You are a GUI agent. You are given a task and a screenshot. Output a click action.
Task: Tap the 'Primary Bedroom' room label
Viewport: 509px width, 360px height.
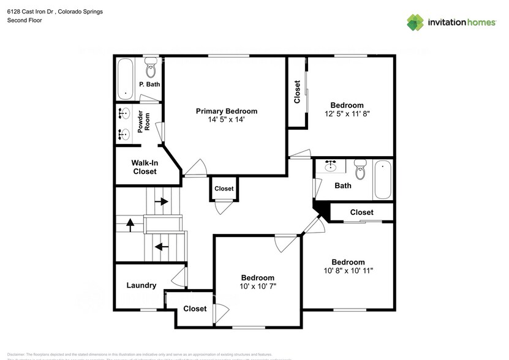pos(226,111)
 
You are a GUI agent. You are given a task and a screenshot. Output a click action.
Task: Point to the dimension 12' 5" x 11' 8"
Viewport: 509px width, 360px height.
pos(347,114)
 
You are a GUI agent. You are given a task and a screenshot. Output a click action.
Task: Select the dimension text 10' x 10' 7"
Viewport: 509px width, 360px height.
pos(257,287)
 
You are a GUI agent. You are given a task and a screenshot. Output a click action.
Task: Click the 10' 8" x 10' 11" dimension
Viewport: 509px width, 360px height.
pos(348,271)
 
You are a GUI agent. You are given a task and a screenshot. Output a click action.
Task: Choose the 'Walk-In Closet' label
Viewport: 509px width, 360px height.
pos(145,167)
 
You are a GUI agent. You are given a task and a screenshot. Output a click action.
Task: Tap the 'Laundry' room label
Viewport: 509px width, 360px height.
pos(141,285)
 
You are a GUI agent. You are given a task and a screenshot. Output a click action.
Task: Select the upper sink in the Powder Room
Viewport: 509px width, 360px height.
pos(124,113)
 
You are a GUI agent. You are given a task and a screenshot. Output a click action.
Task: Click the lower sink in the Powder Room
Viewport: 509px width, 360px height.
pos(124,133)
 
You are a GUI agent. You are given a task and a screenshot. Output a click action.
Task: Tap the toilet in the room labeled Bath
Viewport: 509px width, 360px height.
pos(360,170)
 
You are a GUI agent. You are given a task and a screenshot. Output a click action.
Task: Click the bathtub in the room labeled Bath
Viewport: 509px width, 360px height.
pos(383,179)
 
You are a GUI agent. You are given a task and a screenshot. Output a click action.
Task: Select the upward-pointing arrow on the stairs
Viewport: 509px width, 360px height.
pos(130,224)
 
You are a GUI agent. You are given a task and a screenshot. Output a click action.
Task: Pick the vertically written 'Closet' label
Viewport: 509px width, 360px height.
pos(297,92)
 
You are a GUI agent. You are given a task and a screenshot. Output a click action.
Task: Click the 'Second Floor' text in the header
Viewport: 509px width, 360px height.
pos(24,20)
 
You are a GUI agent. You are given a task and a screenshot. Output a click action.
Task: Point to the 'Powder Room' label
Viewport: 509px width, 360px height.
pos(144,122)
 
